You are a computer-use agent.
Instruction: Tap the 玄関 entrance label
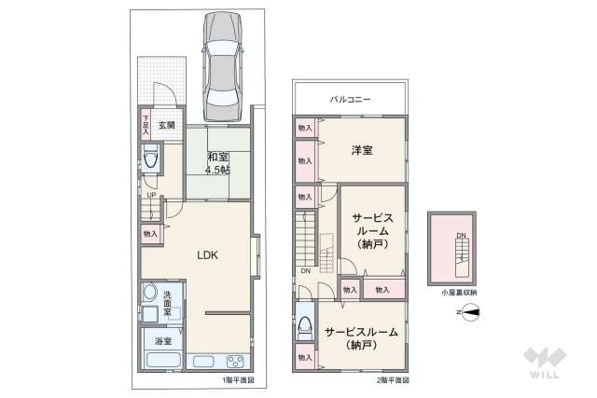[x=166, y=125]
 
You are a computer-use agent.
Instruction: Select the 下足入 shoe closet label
[x=146, y=126]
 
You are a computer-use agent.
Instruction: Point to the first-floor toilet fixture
[x=151, y=161]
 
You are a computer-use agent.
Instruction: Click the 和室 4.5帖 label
[x=218, y=163]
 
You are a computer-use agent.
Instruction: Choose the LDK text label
[x=207, y=254]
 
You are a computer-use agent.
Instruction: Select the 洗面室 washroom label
[x=167, y=304]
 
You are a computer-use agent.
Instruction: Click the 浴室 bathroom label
[x=163, y=342]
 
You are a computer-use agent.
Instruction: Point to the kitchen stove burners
[x=234, y=361]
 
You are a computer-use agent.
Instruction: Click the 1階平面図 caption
[x=238, y=380]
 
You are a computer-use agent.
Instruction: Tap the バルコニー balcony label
[x=351, y=98]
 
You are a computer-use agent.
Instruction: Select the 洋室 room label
[x=362, y=151]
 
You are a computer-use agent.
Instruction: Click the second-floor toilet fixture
[x=305, y=327]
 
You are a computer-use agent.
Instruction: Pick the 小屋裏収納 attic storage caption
[x=455, y=293]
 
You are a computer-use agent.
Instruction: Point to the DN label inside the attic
[x=461, y=236]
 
